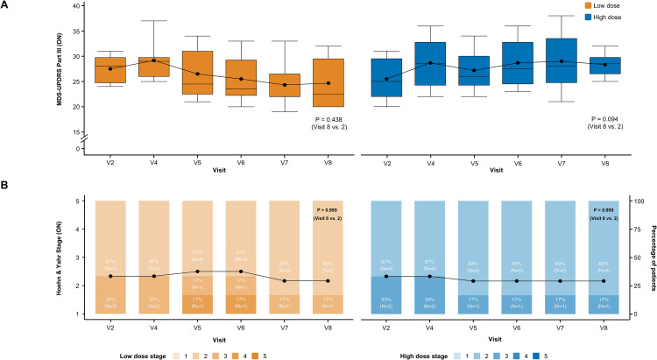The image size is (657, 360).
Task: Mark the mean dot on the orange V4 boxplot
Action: [154, 60]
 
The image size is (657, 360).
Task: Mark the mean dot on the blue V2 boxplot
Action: [387, 79]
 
